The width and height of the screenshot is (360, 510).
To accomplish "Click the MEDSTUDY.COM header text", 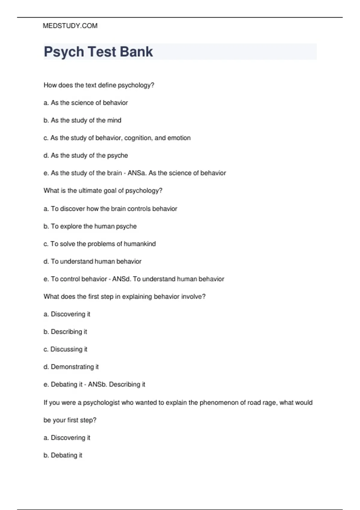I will click(x=70, y=26).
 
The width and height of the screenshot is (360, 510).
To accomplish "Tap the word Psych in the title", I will click(x=64, y=52).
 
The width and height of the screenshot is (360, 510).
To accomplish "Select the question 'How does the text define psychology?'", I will click(x=99, y=85).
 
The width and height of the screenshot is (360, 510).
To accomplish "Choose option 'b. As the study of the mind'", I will click(x=82, y=120).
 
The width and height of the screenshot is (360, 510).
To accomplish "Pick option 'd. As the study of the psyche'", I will click(x=86, y=155).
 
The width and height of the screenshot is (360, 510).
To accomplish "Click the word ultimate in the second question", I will click(x=90, y=191).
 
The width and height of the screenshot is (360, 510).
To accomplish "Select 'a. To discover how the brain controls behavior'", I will click(x=110, y=209).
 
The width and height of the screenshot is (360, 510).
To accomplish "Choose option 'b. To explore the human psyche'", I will click(x=90, y=226).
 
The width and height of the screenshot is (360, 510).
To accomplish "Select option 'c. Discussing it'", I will click(x=65, y=349).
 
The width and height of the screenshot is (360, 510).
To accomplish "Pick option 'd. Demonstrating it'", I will click(x=71, y=367).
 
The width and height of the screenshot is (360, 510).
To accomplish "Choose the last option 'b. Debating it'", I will click(x=63, y=455).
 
